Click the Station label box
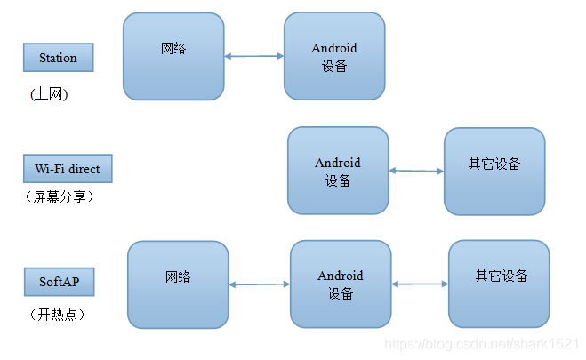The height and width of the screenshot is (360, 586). pyautogui.click(x=58, y=59)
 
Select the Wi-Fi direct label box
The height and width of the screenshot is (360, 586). pyautogui.click(x=68, y=168)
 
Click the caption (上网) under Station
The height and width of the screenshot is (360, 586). pyautogui.click(x=49, y=93)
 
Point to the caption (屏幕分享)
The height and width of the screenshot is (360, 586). pyautogui.click(x=59, y=197)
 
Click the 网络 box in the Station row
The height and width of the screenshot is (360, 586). pyautogui.click(x=173, y=55)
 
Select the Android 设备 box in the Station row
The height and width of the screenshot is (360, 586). pyautogui.click(x=334, y=57)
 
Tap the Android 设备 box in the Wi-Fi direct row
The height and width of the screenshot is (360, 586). pyautogui.click(x=338, y=171)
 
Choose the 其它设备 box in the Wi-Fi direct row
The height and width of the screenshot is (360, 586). pyautogui.click(x=494, y=171)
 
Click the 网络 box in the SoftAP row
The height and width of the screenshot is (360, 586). pyautogui.click(x=178, y=284)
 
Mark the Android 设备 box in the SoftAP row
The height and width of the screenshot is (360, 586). pyautogui.click(x=341, y=284)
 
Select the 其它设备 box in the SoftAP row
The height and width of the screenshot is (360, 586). pyautogui.click(x=501, y=283)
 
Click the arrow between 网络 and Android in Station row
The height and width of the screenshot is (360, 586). pyautogui.click(x=253, y=57)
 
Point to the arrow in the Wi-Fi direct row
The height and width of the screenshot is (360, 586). pyautogui.click(x=416, y=171)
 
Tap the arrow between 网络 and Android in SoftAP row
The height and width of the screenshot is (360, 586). pyautogui.click(x=259, y=285)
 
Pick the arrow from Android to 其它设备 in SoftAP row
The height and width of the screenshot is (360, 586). pyautogui.click(x=420, y=284)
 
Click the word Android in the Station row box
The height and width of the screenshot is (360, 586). pyautogui.click(x=334, y=48)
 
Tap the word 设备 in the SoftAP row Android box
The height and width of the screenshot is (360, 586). pyautogui.click(x=341, y=294)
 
